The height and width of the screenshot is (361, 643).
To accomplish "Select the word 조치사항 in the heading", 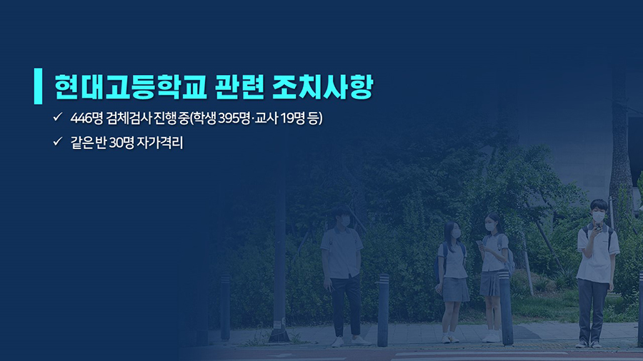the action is (323, 87).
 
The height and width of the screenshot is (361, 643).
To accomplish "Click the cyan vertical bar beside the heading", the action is (38, 86).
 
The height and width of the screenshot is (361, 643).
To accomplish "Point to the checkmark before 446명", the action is (57, 117).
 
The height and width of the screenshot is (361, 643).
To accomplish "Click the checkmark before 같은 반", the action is (57, 141).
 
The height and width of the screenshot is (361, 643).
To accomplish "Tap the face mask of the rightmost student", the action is (598, 216).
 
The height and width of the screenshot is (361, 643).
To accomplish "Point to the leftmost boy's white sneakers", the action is (349, 341).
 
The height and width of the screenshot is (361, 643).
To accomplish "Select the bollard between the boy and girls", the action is (383, 310).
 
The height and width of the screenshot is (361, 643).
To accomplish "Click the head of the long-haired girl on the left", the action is (452, 230).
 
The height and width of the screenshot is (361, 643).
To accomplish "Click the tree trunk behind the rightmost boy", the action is (620, 148).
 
